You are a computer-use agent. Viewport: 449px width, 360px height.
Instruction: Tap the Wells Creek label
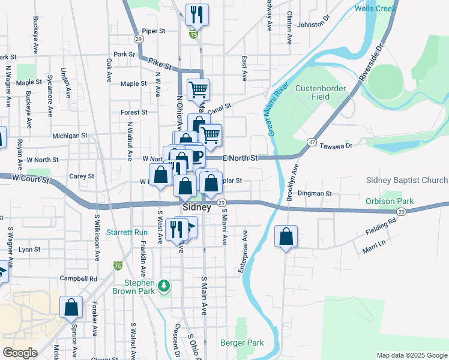(x=375, y=8)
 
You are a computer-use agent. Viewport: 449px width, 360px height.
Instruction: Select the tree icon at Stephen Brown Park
(x=164, y=284)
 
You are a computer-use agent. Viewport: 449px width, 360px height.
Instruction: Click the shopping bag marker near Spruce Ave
(x=71, y=307)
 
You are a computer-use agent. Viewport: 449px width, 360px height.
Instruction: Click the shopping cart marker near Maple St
(x=198, y=90)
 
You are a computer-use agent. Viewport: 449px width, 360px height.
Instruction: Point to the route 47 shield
(x=312, y=142)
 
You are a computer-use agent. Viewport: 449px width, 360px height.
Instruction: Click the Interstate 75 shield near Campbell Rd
(x=118, y=265)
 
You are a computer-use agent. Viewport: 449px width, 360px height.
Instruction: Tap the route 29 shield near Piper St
(x=139, y=38)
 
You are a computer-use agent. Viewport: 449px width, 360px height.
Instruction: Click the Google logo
(x=20, y=353)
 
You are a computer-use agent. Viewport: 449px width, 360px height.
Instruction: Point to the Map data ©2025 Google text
(x=411, y=355)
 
